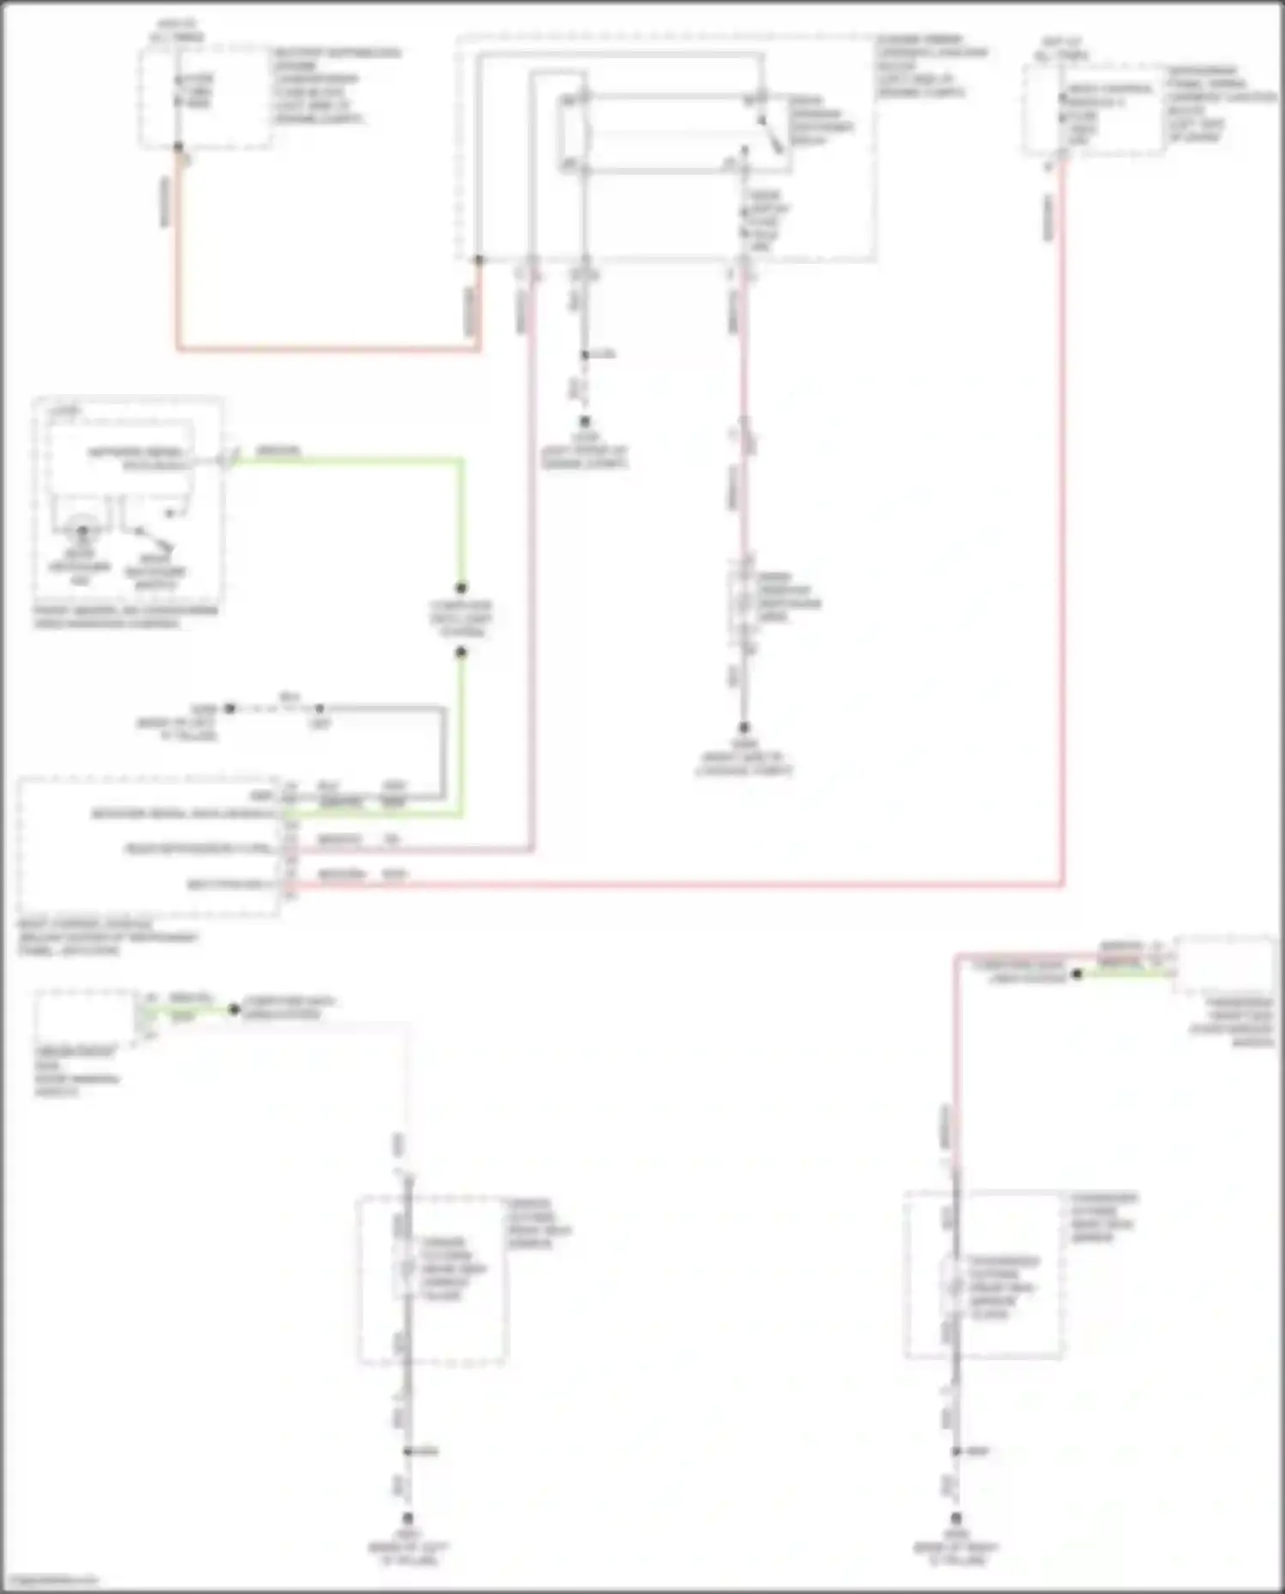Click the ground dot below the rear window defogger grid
click(x=744, y=727)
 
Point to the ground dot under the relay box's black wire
click(x=585, y=421)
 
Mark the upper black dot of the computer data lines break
click(x=461, y=588)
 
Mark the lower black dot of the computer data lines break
click(x=461, y=652)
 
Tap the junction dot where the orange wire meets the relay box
click(x=479, y=260)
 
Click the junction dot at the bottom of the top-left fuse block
click(x=178, y=147)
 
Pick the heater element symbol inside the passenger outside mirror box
click(x=955, y=1285)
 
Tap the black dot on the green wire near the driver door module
click(x=234, y=1009)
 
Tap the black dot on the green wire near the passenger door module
click(x=1078, y=974)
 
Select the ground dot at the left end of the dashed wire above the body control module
click(x=230, y=709)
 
